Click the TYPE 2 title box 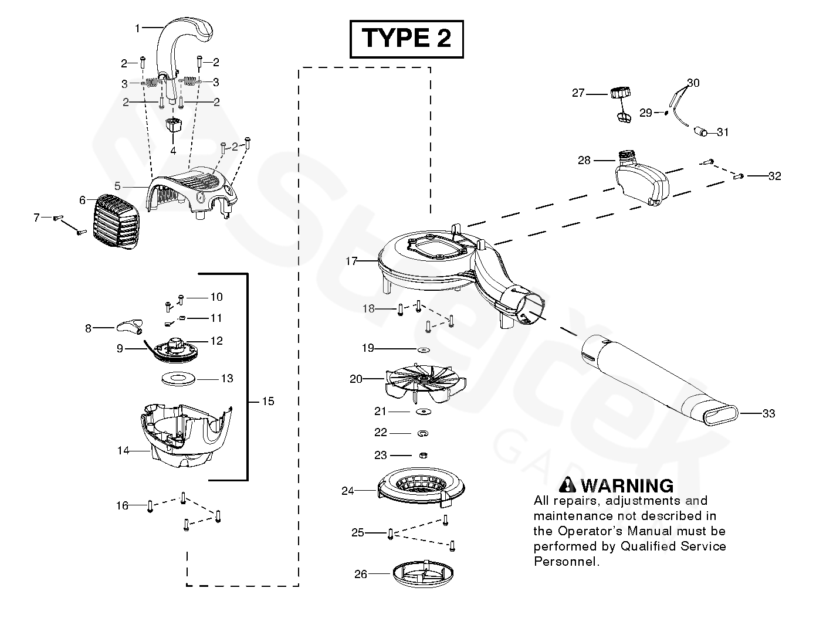click(x=407, y=39)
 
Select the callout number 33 click(x=768, y=414)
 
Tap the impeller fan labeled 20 click(x=424, y=381)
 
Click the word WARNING click(x=626, y=486)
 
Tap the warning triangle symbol click(x=568, y=485)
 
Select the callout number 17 click(x=351, y=261)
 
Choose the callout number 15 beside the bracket click(x=267, y=402)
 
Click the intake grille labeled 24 click(x=421, y=487)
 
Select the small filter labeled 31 click(x=701, y=131)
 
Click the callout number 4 click(x=173, y=151)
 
